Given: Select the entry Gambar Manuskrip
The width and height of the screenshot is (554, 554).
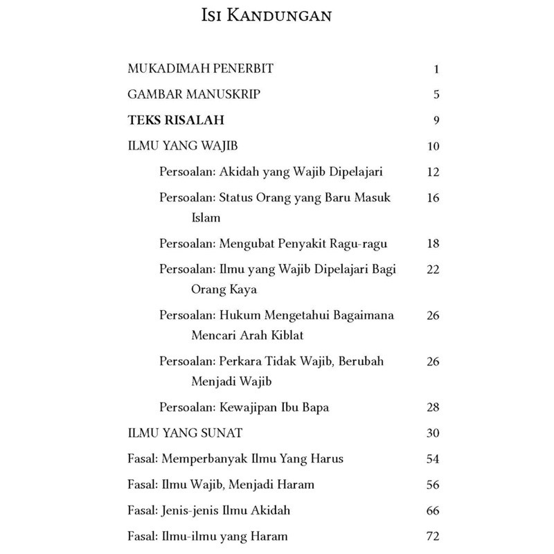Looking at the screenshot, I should [x=195, y=95].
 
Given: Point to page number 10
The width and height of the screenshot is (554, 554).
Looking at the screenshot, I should [x=434, y=147].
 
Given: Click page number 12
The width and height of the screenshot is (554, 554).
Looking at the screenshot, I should [x=434, y=172].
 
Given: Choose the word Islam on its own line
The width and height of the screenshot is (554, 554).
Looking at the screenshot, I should [x=206, y=217].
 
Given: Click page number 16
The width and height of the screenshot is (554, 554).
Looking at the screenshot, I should [x=434, y=198].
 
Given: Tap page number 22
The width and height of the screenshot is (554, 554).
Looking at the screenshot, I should [x=434, y=269].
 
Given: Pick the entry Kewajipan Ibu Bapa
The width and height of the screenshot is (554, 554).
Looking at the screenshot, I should [x=244, y=407].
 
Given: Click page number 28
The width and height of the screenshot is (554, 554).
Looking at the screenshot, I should [x=434, y=407].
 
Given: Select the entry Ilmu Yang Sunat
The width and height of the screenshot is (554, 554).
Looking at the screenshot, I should [x=185, y=434].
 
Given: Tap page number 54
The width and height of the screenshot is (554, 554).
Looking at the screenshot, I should [x=434, y=459].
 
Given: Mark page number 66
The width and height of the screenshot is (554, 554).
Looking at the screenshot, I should [x=434, y=511].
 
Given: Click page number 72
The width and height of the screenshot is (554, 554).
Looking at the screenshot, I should [x=434, y=537].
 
